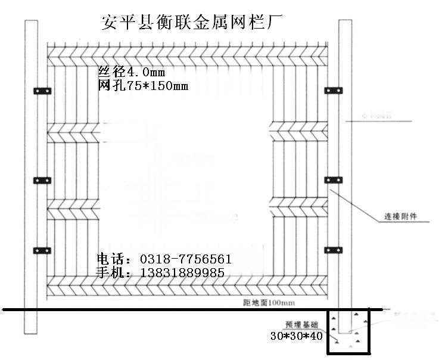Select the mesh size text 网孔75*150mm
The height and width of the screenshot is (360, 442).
point(142,86)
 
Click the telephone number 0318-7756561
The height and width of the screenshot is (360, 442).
point(185,260)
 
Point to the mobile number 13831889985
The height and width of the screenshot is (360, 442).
point(181,273)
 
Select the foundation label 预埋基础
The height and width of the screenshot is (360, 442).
point(300,325)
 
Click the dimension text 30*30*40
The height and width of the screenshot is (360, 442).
point(297,336)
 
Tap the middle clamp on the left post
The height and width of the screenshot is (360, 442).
point(41,179)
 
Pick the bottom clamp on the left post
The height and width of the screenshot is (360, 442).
point(41,249)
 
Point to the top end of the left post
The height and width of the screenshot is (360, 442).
point(32,24)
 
